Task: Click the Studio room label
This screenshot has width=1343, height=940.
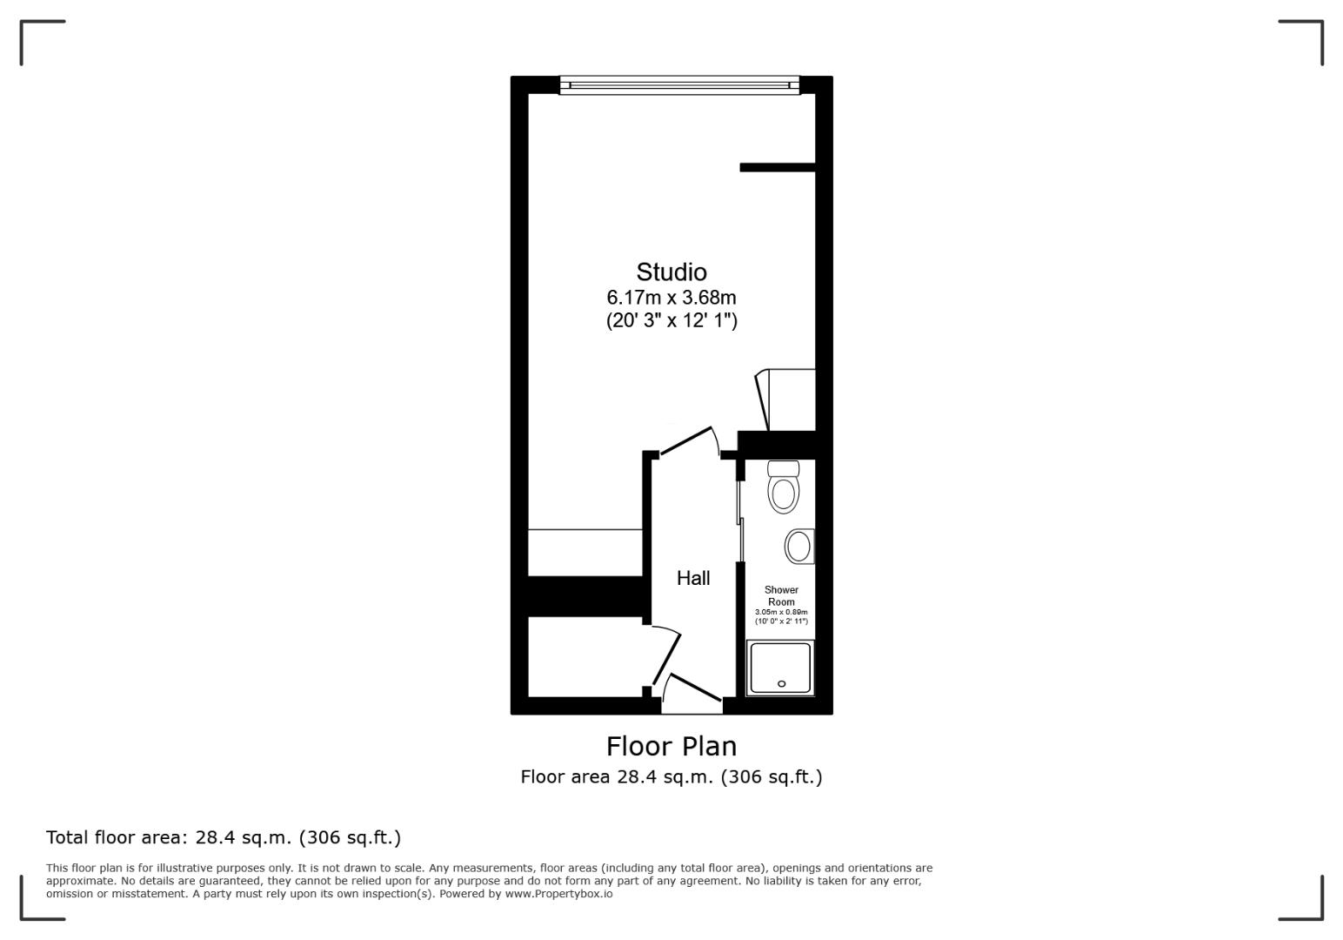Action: (671, 272)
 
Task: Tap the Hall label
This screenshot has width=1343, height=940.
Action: (693, 578)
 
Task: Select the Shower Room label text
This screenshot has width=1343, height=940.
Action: (781, 595)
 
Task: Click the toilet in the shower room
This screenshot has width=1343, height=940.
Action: (783, 488)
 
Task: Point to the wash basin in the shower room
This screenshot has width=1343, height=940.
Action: (798, 547)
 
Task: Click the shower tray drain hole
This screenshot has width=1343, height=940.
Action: (781, 684)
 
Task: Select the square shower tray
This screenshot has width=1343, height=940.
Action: (780, 668)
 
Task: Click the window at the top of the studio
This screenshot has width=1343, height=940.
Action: (678, 84)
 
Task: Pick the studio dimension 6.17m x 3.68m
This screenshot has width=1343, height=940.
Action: (671, 298)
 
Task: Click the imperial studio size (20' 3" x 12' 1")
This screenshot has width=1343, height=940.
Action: (671, 320)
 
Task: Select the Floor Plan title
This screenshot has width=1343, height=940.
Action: (671, 746)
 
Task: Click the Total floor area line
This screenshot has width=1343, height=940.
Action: (224, 837)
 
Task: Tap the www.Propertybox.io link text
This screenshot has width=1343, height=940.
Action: (558, 894)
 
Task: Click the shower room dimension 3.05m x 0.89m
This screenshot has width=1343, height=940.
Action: (781, 612)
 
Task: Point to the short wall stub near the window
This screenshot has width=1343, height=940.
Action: (777, 167)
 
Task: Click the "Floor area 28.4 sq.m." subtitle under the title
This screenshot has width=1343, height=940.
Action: (671, 776)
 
